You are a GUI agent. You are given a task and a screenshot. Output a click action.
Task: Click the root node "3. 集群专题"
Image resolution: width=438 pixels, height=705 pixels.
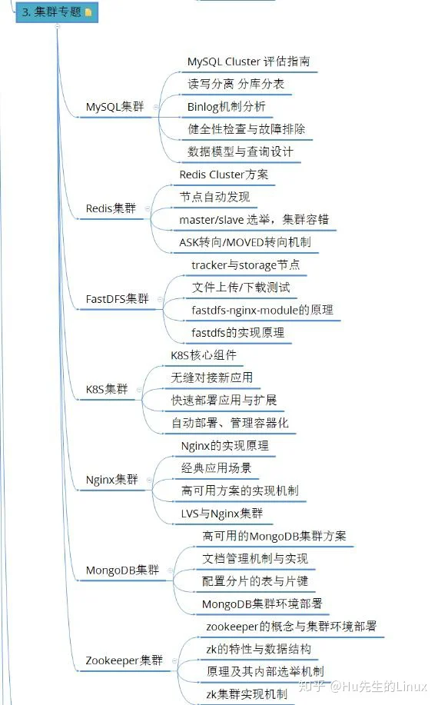[x=57, y=12]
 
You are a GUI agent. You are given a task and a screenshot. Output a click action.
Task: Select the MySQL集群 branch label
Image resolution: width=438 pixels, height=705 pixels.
[x=114, y=107]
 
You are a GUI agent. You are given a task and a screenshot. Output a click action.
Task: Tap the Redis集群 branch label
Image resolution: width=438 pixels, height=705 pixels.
[x=111, y=208]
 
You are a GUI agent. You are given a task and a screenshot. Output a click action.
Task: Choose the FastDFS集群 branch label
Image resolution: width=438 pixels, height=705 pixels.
[x=117, y=299]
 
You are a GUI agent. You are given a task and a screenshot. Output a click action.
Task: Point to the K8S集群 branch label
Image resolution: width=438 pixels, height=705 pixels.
[x=107, y=389]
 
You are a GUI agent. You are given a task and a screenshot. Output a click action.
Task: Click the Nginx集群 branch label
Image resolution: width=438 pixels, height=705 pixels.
[x=112, y=480]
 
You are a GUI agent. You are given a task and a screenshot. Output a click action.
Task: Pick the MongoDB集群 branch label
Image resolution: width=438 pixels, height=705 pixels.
[x=122, y=570]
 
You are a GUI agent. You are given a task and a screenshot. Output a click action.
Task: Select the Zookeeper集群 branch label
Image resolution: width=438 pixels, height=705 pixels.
[x=124, y=660]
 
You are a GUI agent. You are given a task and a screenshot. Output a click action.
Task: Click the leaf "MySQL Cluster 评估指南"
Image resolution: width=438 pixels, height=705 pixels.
[x=248, y=62]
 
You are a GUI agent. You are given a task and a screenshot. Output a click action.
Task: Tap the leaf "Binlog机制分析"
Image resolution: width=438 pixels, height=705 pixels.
[x=227, y=107]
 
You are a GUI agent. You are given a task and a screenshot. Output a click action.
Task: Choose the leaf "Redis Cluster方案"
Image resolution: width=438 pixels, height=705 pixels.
[x=224, y=175]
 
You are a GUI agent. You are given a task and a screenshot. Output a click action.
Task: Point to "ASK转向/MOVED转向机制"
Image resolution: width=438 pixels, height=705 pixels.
[x=245, y=242]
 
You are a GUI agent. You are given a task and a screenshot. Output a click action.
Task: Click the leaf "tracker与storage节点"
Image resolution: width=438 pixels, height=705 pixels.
[x=246, y=265]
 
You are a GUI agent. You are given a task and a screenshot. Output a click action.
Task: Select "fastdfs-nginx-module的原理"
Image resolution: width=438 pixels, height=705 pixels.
[x=262, y=311]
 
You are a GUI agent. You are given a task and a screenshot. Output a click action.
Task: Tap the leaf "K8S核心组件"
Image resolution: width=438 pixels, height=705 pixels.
[x=204, y=355]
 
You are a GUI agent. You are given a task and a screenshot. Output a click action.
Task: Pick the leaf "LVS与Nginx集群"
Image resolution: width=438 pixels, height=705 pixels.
[x=222, y=514]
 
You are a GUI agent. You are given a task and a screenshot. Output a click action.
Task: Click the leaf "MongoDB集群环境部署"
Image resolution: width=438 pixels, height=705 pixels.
[x=262, y=604]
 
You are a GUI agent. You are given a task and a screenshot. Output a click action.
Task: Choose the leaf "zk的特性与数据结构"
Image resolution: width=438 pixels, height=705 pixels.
[x=258, y=649]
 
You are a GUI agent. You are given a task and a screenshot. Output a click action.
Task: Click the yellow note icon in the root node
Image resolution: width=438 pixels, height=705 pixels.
[x=88, y=12]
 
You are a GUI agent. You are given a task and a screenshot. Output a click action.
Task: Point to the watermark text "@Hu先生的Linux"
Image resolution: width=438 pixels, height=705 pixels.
[x=378, y=687]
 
